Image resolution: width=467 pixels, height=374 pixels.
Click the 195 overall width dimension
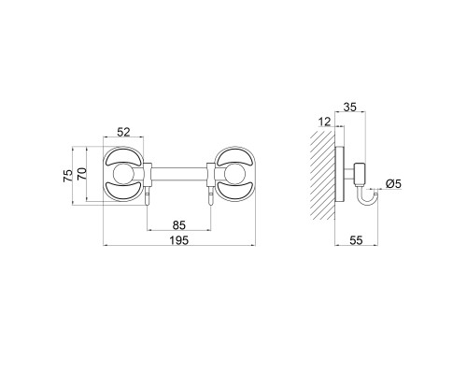tap(179, 240)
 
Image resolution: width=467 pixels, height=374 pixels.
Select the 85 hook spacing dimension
tap(179, 225)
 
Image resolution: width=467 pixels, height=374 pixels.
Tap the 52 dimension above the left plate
tap(123, 132)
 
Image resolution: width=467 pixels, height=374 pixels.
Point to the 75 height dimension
tap(68, 176)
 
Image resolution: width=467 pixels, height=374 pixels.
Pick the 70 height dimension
tap(82, 174)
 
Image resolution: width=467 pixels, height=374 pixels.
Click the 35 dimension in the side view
tap(349, 108)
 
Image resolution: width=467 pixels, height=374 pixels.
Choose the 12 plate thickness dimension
tap(324, 122)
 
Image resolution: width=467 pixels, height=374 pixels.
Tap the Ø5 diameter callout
tap(393, 184)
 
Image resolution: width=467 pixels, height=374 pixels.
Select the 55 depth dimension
tap(356, 240)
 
